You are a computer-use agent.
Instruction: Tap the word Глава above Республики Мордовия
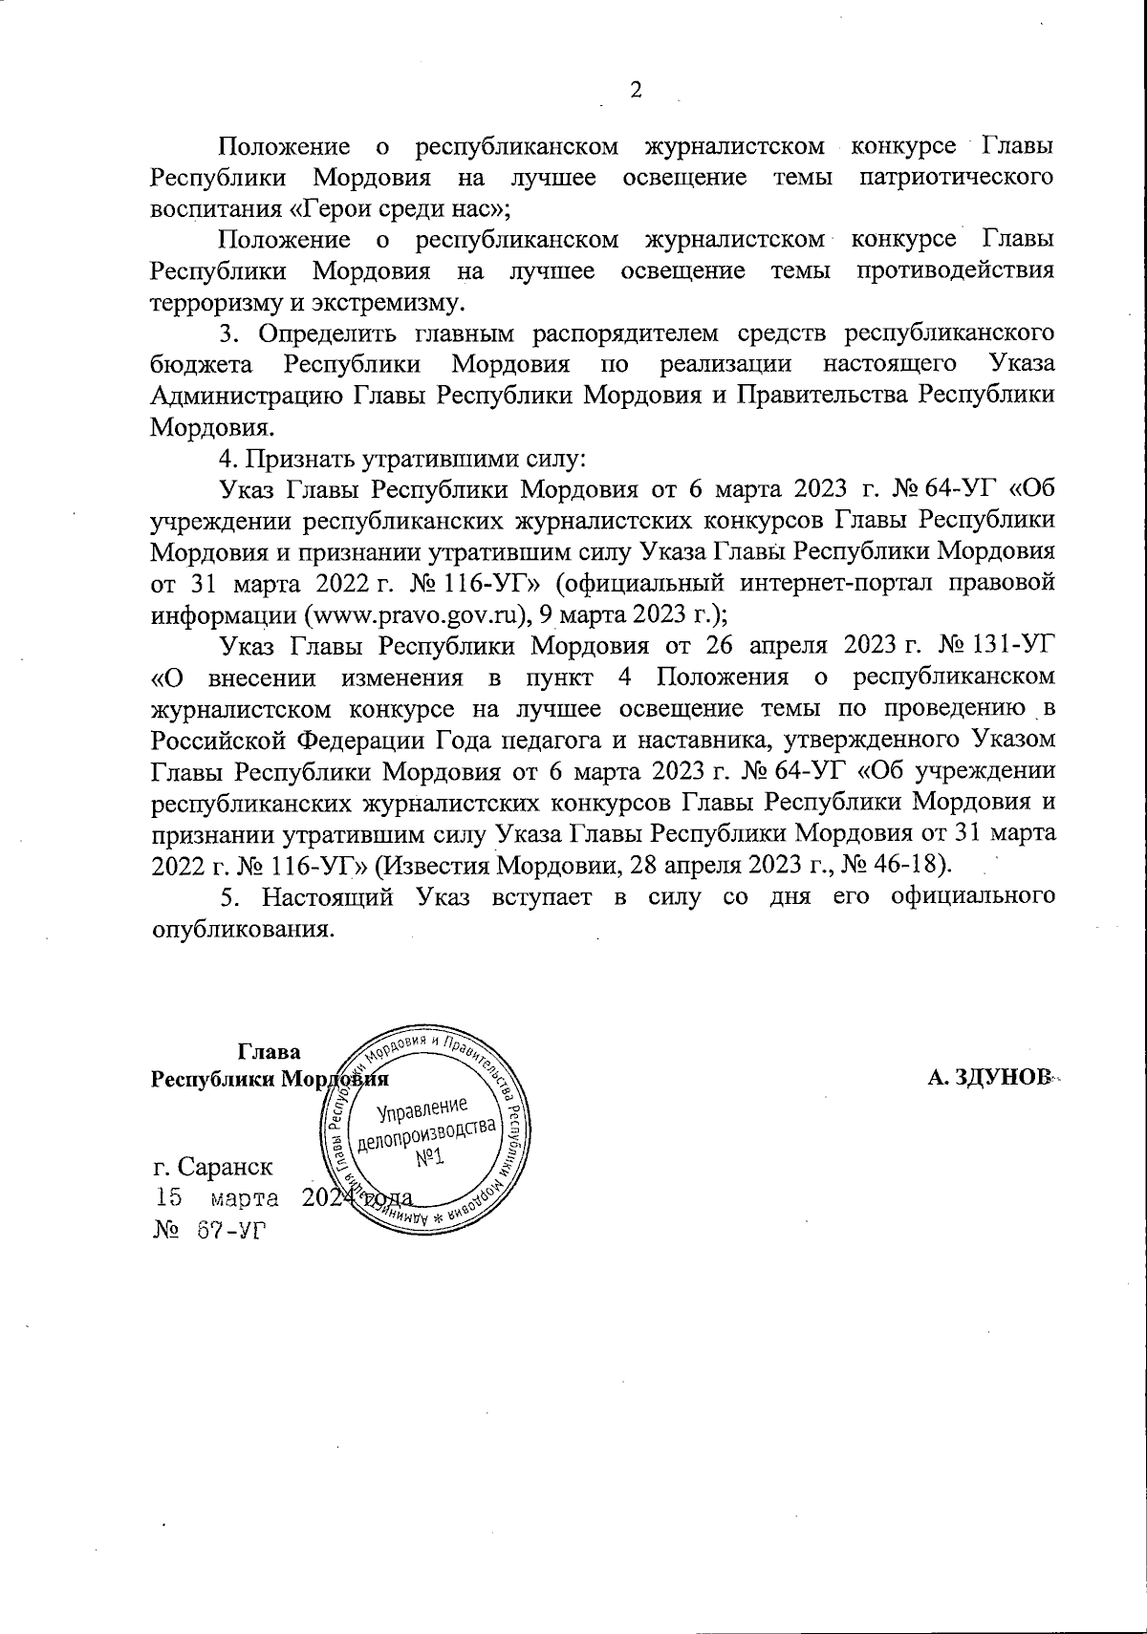[270, 1052]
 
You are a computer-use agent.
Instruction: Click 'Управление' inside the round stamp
[422, 1110]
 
